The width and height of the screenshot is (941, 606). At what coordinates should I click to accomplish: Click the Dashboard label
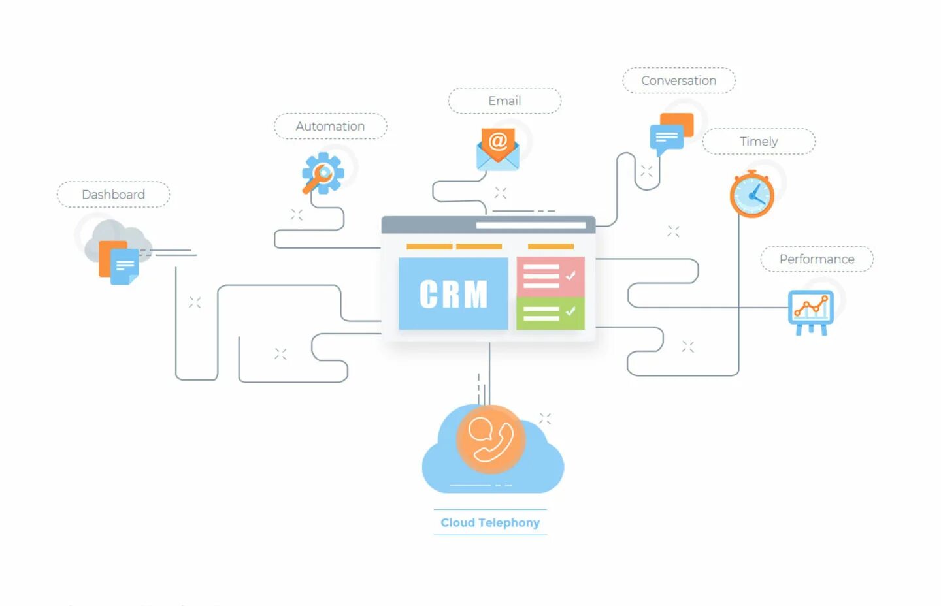(x=113, y=195)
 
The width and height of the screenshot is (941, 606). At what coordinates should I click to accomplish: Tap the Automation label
(x=330, y=126)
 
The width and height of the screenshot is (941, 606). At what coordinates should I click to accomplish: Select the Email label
(x=504, y=101)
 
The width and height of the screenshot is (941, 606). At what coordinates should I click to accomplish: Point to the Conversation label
(x=678, y=80)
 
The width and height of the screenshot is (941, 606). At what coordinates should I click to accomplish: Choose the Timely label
(x=759, y=142)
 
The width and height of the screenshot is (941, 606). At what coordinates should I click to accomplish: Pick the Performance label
(x=817, y=259)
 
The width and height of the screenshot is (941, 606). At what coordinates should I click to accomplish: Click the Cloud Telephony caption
(x=490, y=522)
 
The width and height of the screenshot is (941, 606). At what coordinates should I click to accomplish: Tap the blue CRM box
(x=453, y=294)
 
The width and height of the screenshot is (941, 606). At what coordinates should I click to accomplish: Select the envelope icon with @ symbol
(x=498, y=149)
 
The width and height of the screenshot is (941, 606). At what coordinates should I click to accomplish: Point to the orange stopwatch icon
(x=752, y=194)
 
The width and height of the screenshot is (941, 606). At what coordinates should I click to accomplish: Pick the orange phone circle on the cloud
(x=490, y=439)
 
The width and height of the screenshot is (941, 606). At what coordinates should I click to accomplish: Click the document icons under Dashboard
(x=119, y=263)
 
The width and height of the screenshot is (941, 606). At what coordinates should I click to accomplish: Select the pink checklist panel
(x=550, y=276)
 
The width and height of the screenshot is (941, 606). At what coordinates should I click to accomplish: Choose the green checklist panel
(x=550, y=313)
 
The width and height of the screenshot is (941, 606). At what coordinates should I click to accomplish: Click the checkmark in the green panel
(x=570, y=311)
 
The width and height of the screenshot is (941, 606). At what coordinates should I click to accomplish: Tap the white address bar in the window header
(x=531, y=225)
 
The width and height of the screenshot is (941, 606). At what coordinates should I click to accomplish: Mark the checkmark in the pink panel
(x=570, y=276)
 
